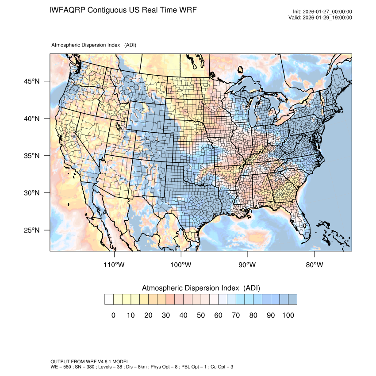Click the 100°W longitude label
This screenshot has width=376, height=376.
[180, 265]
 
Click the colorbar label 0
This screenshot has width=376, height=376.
[113, 315]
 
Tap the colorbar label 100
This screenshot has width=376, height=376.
[288, 315]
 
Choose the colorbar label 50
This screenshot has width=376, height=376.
[200, 315]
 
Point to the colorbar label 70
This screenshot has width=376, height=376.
[235, 315]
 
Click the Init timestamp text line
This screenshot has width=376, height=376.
[322, 12]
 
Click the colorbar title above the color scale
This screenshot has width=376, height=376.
[200, 288]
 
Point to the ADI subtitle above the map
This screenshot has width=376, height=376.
[94, 45]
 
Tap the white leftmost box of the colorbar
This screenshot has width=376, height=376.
[109, 299]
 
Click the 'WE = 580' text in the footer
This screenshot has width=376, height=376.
[61, 367]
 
